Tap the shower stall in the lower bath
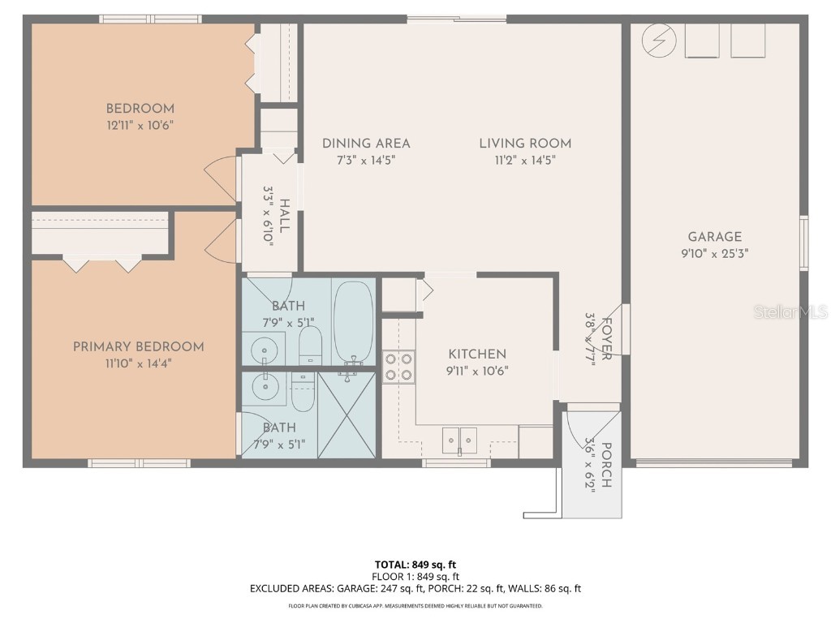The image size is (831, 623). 347,415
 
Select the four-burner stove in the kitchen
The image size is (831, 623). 398,365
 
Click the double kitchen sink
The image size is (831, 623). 459,440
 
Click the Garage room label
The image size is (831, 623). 714,237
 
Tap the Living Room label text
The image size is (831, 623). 525,144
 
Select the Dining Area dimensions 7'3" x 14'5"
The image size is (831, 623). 366,160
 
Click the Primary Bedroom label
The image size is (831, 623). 138,346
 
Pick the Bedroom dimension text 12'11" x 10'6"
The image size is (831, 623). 140,125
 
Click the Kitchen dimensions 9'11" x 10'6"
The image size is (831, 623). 477,371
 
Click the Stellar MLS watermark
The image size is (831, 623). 789,311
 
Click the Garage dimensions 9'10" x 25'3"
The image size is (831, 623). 714,253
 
